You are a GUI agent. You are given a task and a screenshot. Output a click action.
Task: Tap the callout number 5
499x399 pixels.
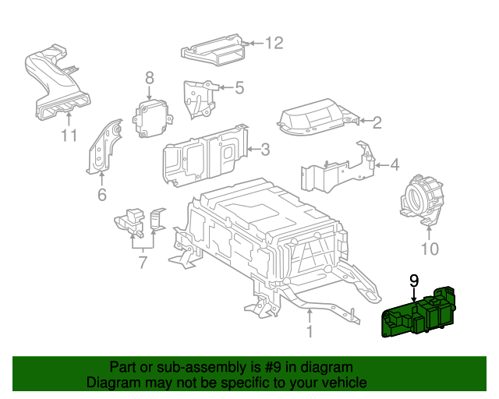tap(239, 88)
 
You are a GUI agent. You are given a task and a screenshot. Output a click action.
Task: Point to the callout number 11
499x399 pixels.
tap(69, 136)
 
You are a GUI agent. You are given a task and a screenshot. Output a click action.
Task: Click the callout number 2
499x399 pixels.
tap(377, 122)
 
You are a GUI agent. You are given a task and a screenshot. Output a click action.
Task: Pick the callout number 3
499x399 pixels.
tap(265, 148)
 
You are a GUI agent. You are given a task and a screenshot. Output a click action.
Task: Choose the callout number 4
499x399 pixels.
tap(394, 164)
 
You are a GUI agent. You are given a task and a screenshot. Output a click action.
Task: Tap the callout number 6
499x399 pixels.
tap(101, 195)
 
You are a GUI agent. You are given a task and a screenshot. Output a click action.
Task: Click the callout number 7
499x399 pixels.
tap(143, 262)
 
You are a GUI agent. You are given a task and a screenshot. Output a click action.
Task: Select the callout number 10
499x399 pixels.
tap(430, 249)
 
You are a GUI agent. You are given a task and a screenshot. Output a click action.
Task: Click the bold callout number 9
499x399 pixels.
tap(414, 280)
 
